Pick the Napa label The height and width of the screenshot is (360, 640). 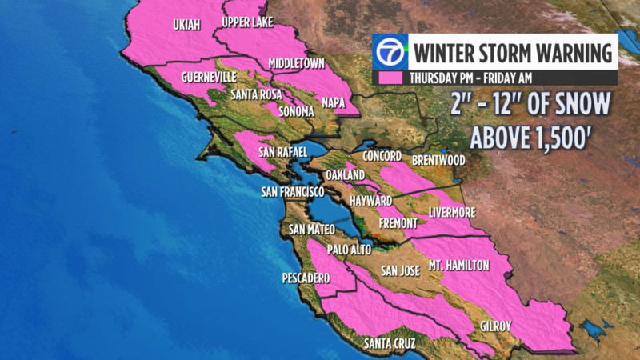coord(333,102)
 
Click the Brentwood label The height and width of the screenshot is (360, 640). coord(438,160)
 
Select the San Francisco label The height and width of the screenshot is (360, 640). coord(293,192)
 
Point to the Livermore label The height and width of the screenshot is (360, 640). coord(452,212)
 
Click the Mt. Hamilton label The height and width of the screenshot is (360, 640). coord(458,265)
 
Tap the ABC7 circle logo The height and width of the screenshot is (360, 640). coord(390,53)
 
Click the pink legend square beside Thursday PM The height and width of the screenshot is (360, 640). coord(390,78)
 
